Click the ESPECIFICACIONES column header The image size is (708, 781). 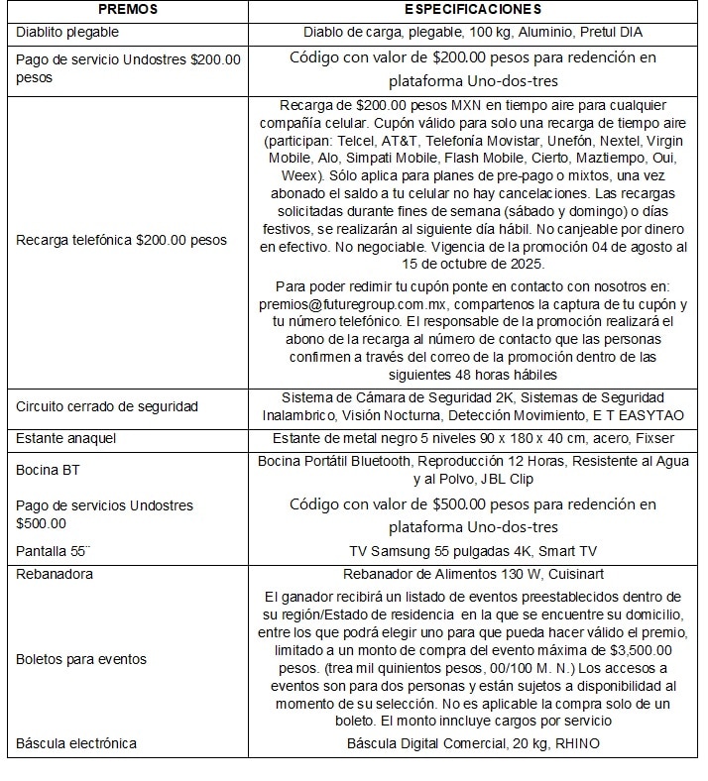473,10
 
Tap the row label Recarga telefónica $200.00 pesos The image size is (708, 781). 122,241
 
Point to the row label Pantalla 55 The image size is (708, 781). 55,550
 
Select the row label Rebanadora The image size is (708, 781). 56,574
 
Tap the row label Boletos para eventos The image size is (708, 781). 82,658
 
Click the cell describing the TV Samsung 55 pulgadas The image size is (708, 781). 472,551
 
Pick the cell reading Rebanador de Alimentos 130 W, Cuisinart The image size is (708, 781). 472,574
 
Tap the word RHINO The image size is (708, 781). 574,743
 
